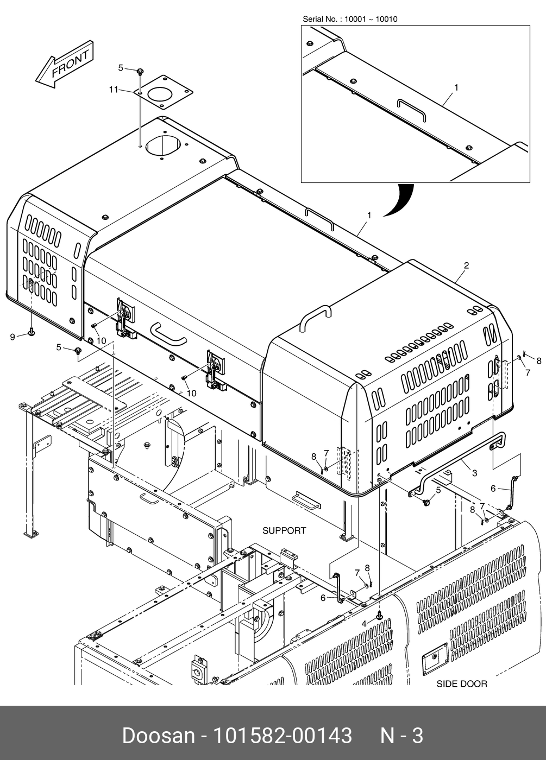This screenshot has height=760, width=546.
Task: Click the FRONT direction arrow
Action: [x=65, y=67]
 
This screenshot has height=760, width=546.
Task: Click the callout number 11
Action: [x=113, y=90]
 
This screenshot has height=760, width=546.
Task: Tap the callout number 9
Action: [x=12, y=337]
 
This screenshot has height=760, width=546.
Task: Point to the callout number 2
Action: [x=466, y=265]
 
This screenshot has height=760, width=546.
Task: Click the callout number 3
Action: [x=474, y=473]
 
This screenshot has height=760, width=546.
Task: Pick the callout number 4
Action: [x=364, y=624]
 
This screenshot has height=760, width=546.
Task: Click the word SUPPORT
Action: [x=284, y=530]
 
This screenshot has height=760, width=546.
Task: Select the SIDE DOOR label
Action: [x=462, y=684]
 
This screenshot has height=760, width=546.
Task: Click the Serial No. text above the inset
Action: [x=350, y=20]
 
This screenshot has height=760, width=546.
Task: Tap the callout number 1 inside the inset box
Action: [x=456, y=87]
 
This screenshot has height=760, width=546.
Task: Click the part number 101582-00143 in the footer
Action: [x=282, y=736]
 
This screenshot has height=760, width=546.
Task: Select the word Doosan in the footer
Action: [x=158, y=736]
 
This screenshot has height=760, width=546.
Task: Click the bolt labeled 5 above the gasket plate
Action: [x=140, y=71]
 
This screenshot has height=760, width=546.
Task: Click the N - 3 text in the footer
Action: [x=401, y=736]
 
